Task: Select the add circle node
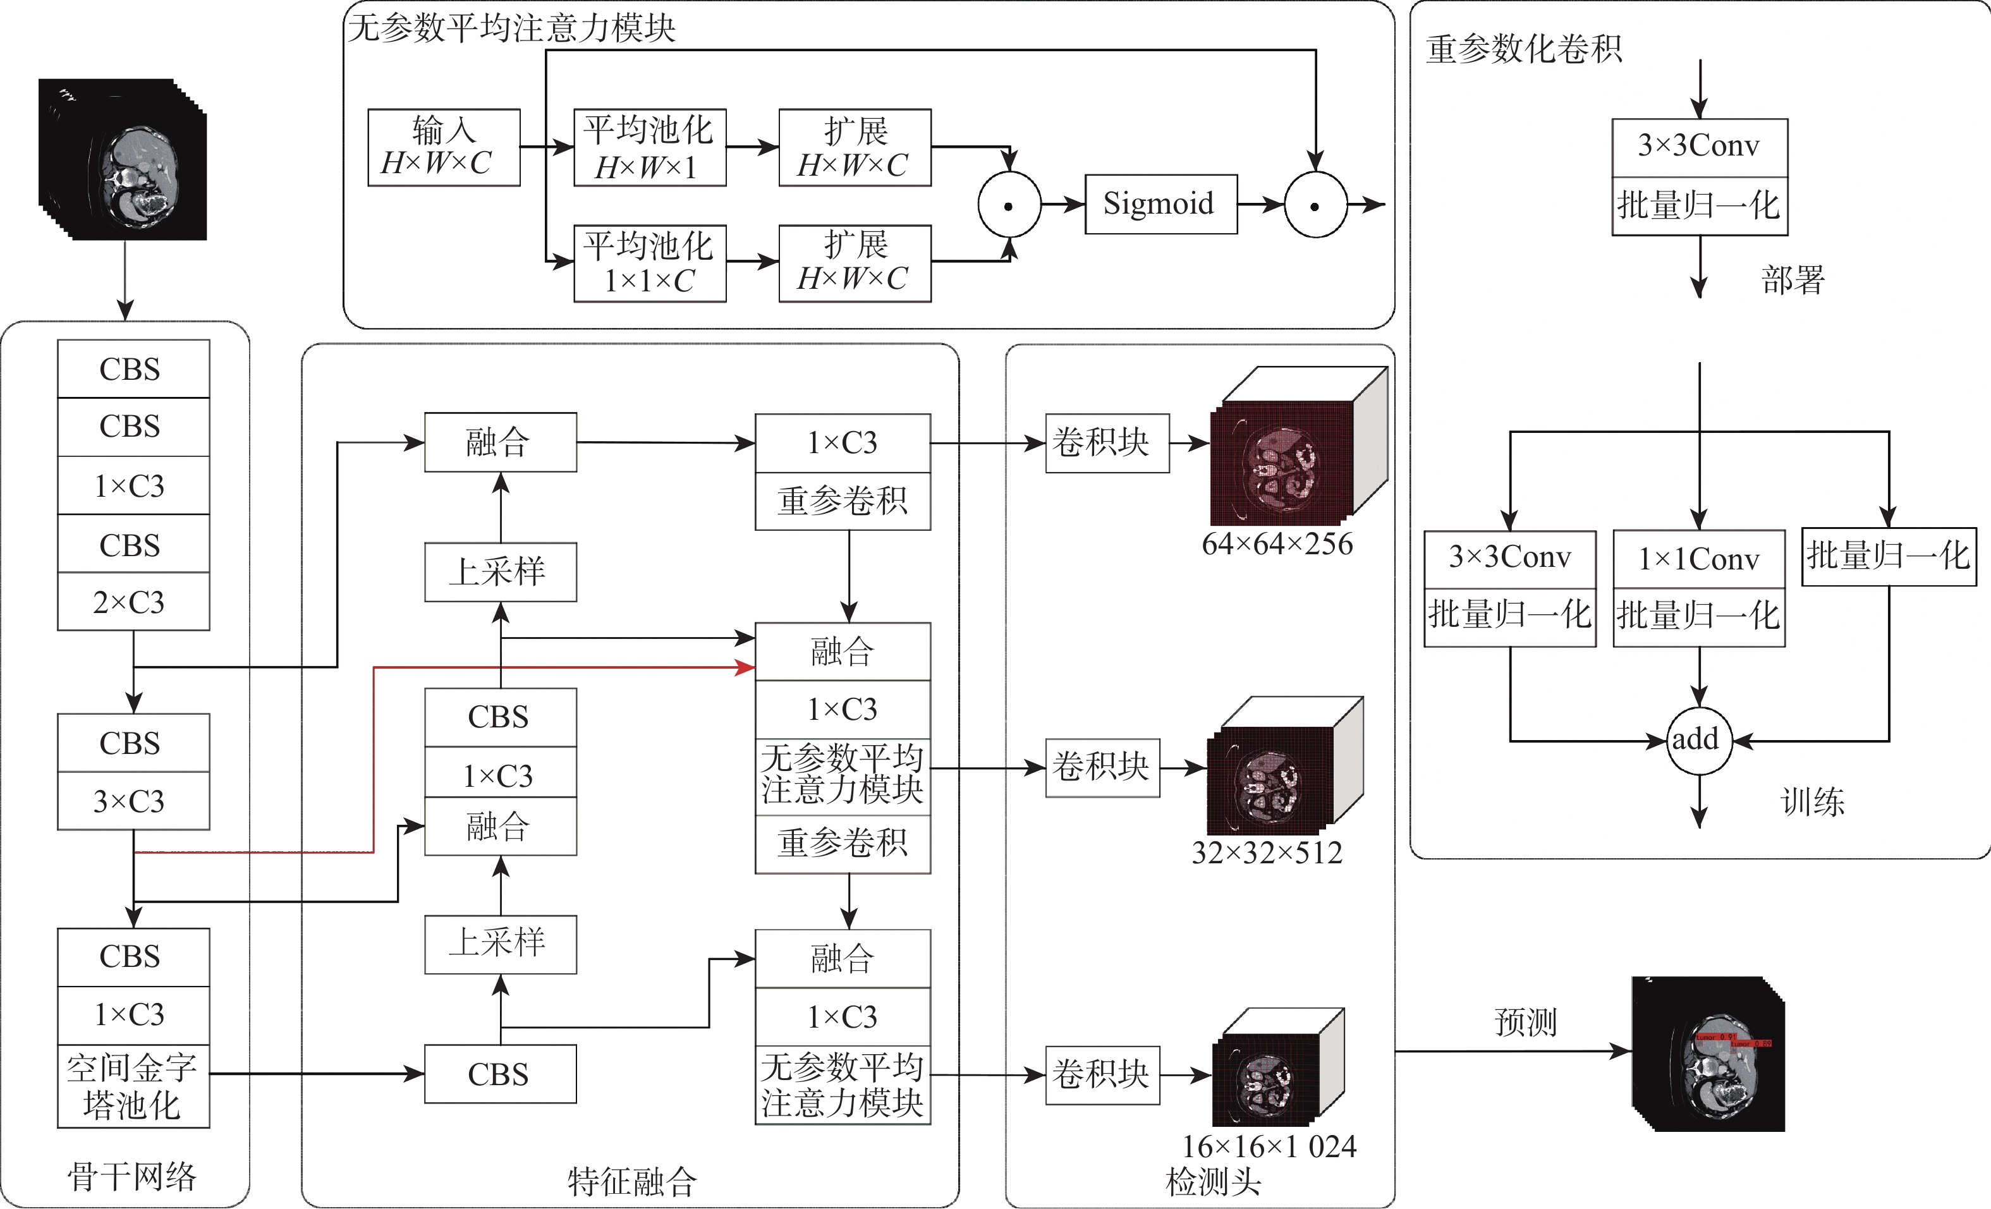click(x=1698, y=740)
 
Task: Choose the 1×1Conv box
click(x=1698, y=559)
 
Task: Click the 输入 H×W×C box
click(x=444, y=148)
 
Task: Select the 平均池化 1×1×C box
click(x=650, y=264)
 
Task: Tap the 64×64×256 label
click(x=1277, y=545)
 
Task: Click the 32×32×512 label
click(x=1266, y=853)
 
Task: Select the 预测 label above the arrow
click(x=1525, y=1023)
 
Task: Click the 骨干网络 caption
click(x=131, y=1177)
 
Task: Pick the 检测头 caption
click(x=1213, y=1182)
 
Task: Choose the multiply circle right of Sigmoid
click(x=1315, y=205)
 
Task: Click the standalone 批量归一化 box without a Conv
click(x=1889, y=556)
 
